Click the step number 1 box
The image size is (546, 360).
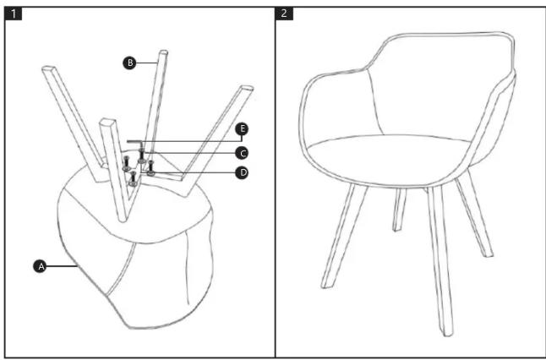click(14, 14)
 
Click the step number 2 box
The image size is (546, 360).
click(284, 14)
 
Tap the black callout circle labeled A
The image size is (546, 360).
click(41, 266)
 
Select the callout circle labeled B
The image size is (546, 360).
click(129, 63)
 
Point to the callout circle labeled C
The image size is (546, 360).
click(242, 153)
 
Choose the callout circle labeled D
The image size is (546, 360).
click(242, 172)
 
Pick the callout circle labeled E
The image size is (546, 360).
click(242, 129)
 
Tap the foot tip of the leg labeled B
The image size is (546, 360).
click(163, 52)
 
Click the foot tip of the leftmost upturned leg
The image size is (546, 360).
click(48, 68)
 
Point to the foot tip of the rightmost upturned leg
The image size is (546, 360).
click(247, 88)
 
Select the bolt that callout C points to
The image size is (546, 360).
click(141, 155)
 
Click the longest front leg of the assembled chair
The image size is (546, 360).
click(440, 261)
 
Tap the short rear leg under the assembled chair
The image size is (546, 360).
click(400, 210)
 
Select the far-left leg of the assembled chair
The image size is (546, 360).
click(344, 237)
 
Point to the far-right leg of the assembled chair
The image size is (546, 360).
click(474, 213)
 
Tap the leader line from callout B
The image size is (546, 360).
click(147, 63)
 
